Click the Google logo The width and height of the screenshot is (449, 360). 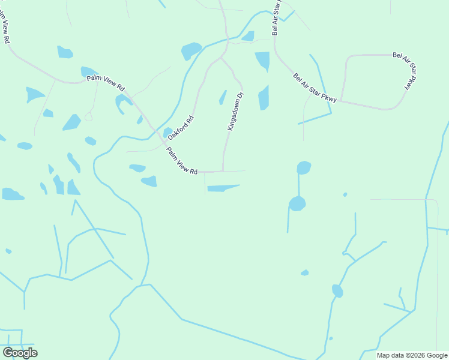point(20,352)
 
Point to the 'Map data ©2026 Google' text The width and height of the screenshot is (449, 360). point(412,355)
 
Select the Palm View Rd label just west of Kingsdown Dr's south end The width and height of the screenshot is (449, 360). point(182,161)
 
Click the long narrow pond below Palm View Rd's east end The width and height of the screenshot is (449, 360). point(222,188)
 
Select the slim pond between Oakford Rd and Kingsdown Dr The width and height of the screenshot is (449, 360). point(223,97)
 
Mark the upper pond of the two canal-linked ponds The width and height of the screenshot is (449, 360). point(304,167)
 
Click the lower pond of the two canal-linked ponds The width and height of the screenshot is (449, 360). point(297,203)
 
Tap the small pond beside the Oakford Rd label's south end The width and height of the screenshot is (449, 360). point(168,132)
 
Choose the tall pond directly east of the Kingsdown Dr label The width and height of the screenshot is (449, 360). point(264,98)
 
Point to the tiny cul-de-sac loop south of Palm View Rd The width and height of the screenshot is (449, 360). point(88,117)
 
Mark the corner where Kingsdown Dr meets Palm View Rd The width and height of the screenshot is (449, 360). point(223,171)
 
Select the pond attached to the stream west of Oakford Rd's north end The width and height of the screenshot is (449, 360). point(191,50)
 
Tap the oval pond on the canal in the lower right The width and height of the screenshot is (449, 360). point(337,291)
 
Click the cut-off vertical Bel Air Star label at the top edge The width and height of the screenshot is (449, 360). point(276,18)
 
